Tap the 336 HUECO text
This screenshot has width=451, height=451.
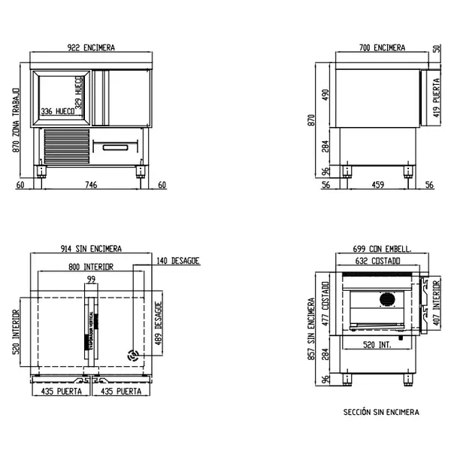pos(57,111)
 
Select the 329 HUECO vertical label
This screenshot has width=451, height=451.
pos(78,92)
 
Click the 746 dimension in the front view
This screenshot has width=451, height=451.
pos(90,184)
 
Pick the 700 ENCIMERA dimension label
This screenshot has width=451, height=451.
pos(382,48)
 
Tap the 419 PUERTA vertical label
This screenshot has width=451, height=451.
pos(435,105)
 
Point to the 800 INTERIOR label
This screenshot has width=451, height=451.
pos(90,267)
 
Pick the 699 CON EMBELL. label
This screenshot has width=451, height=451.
pos(381,249)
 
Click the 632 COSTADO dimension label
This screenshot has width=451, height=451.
pos(378,262)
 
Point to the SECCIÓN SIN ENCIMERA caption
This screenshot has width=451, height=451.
pos(381,412)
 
